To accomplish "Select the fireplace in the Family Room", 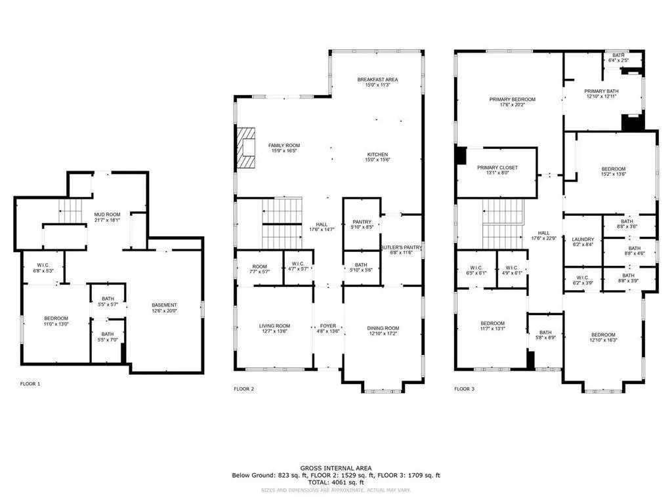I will coord(247,145).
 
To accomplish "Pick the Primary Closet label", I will coord(497,169).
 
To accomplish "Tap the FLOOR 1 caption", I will coord(30,384).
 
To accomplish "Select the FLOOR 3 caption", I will coord(465,389).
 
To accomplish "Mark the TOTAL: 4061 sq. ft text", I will coord(335,482).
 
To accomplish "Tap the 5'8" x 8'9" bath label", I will coord(545,335).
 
